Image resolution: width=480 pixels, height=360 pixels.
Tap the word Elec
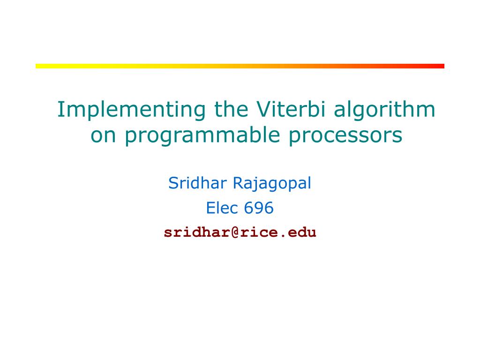tap(222, 208)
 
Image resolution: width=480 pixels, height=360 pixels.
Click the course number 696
tap(259, 208)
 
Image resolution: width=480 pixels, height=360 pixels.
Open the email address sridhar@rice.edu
tap(240, 232)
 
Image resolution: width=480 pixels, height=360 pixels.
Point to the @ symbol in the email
tap(235, 232)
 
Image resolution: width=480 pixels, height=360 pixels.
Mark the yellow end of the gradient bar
tap(37, 66)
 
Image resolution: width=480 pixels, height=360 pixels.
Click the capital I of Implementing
tap(60, 109)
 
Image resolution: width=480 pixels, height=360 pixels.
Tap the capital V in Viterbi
tap(264, 109)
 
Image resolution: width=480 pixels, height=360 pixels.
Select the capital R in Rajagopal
tap(239, 183)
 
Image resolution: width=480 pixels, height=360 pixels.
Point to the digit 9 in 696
tap(259, 208)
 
